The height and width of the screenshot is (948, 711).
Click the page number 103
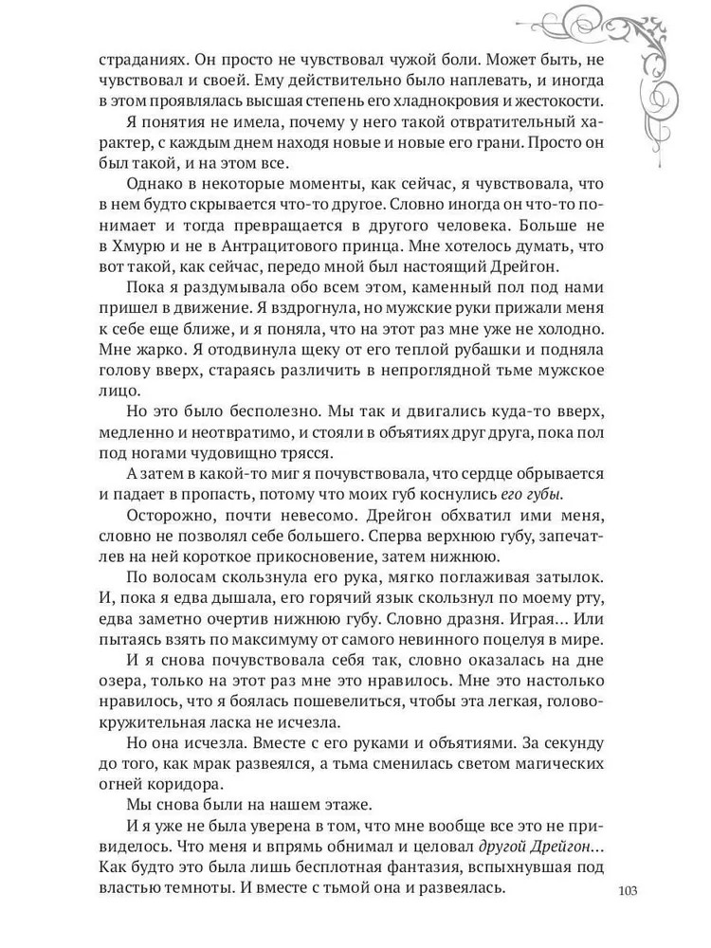tap(629, 889)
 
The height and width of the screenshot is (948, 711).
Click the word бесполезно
tap(254, 439)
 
